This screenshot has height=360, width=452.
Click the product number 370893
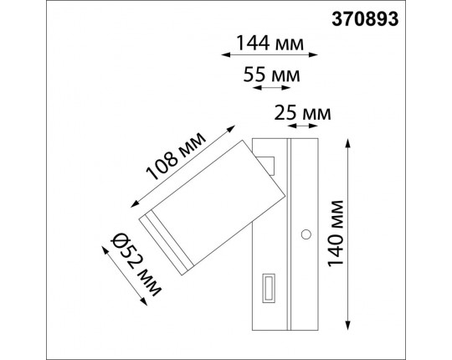pos(405,15)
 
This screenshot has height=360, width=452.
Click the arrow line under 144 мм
pos(269,55)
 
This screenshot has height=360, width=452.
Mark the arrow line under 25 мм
pos(302,126)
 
